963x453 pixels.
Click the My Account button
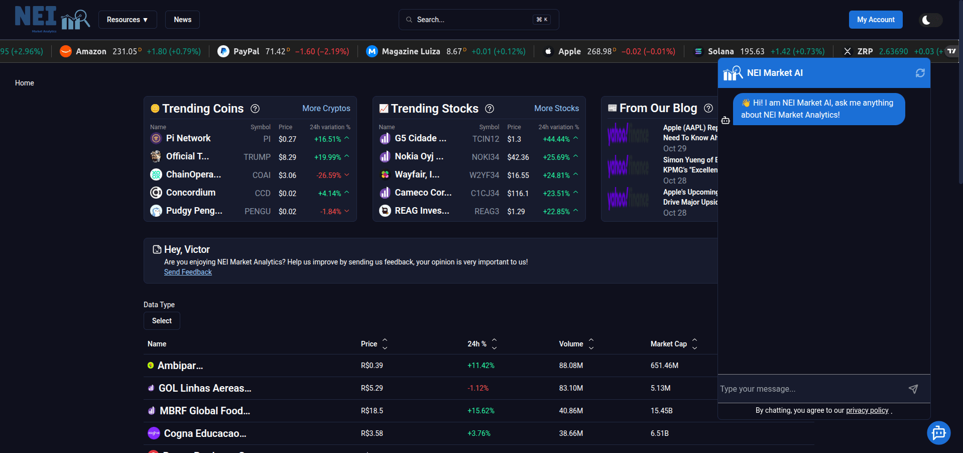(875, 20)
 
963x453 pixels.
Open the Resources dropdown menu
(128, 20)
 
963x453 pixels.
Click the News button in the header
(182, 20)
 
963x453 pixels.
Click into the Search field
(472, 20)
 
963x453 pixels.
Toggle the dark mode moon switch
(930, 20)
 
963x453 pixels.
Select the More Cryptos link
(326, 108)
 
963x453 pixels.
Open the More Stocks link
(556, 108)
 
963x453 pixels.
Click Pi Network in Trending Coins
(188, 138)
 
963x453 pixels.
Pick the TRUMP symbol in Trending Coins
(257, 157)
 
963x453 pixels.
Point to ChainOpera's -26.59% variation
(329, 175)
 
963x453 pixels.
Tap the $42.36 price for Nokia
(518, 157)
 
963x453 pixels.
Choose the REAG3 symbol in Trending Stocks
(487, 211)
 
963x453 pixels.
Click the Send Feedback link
(188, 272)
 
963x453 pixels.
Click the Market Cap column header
(668, 344)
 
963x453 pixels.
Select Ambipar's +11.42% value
(480, 366)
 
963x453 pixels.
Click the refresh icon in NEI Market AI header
(920, 73)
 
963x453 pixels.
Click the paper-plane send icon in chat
(913, 389)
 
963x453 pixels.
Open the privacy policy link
(867, 410)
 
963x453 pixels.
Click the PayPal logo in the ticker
(223, 51)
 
